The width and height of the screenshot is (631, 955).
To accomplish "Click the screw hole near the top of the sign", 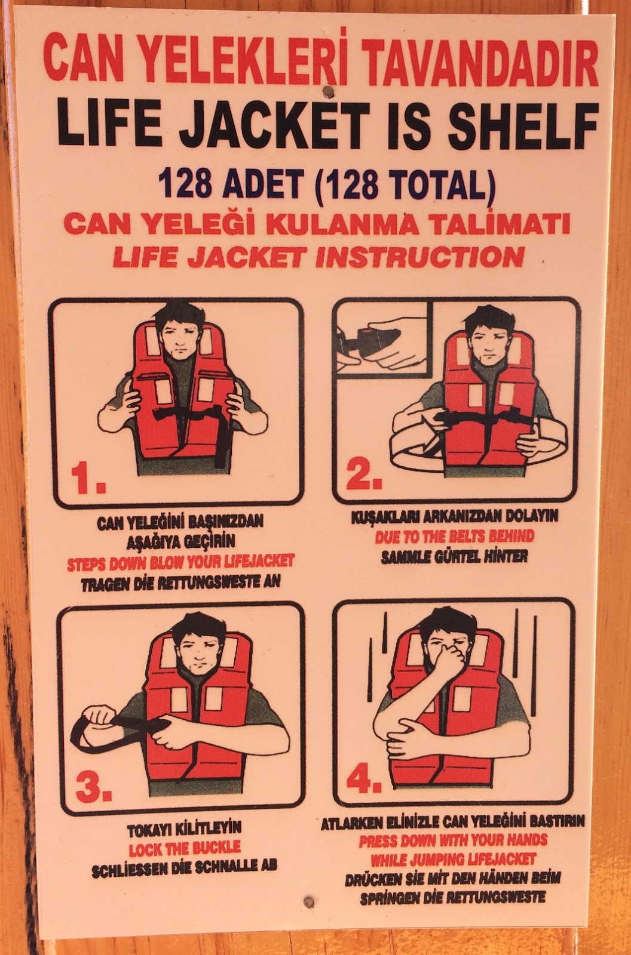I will pos(326,91).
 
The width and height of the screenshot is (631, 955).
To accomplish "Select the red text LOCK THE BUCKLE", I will pos(185,847).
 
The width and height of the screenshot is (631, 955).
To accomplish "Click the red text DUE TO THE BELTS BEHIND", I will pos(454,536).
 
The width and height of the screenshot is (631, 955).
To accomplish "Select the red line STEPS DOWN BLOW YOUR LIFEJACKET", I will pos(180,562).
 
